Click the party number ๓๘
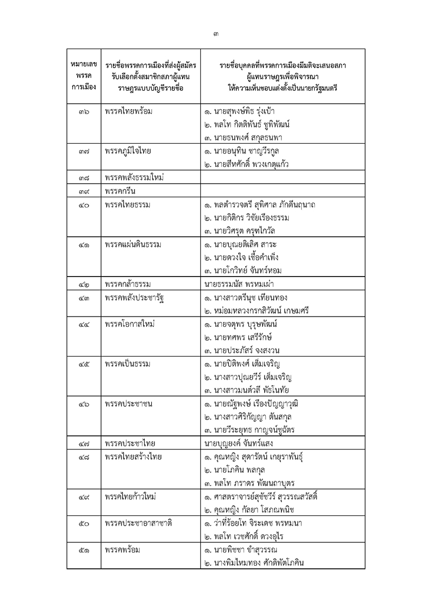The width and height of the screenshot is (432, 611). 83,177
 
